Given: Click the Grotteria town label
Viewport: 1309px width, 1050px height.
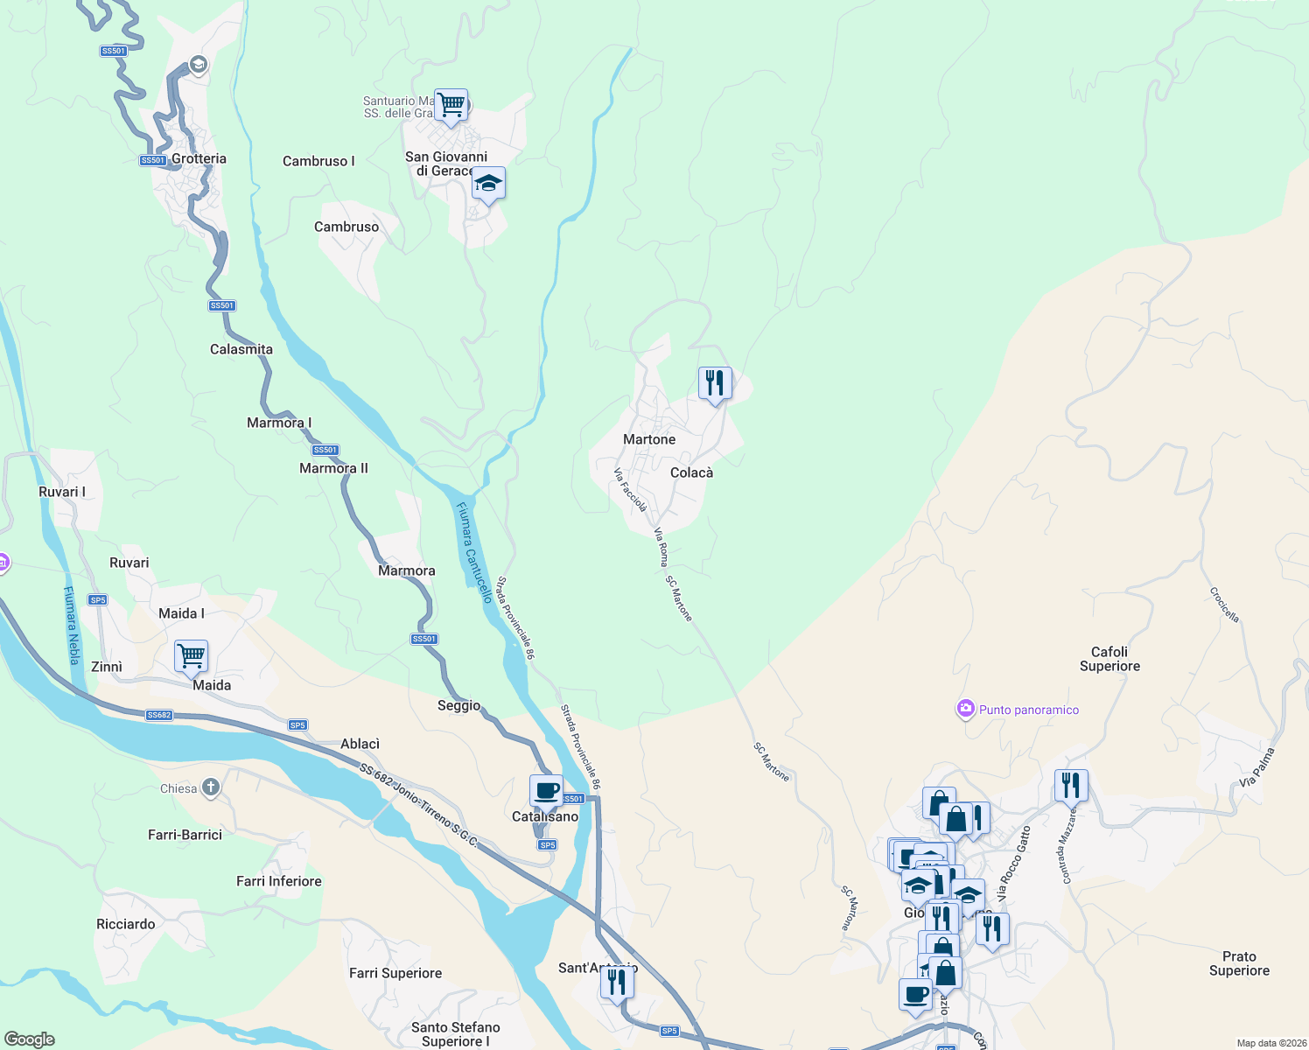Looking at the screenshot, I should point(199,159).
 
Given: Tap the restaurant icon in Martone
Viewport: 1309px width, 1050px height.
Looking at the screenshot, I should point(715,383).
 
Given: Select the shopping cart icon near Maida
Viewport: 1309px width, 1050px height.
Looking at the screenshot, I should point(191,654).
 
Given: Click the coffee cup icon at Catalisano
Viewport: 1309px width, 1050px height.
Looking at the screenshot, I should point(547,791).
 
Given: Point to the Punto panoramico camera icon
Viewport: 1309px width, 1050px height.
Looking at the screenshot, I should point(966,710).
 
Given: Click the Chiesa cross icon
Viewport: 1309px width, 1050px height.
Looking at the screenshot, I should point(210,787).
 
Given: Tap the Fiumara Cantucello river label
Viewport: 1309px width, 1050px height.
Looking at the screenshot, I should point(474,552).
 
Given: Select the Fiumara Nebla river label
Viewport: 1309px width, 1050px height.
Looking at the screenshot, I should point(72,625).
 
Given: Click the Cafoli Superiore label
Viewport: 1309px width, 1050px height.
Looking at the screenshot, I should point(1109,659).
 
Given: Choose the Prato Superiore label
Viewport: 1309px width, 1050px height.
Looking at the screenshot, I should point(1239,963).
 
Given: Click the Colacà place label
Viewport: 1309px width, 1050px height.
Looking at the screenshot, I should point(691,472).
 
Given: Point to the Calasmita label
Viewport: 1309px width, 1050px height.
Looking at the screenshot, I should point(241,349).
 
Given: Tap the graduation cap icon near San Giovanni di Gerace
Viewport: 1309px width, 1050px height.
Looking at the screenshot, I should point(488,184).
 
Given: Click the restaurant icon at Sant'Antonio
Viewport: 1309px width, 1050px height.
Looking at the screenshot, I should point(617,983).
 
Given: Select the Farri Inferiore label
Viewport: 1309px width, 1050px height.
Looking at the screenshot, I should point(279,881).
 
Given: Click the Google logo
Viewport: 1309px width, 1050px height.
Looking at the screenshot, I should point(30,1039).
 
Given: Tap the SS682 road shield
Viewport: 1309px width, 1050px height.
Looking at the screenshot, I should point(159,715).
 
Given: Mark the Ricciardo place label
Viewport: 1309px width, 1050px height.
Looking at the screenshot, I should point(126,924).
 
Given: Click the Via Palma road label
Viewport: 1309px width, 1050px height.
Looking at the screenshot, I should point(1257,767).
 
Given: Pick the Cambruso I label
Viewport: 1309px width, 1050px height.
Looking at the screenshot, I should point(318,161).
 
